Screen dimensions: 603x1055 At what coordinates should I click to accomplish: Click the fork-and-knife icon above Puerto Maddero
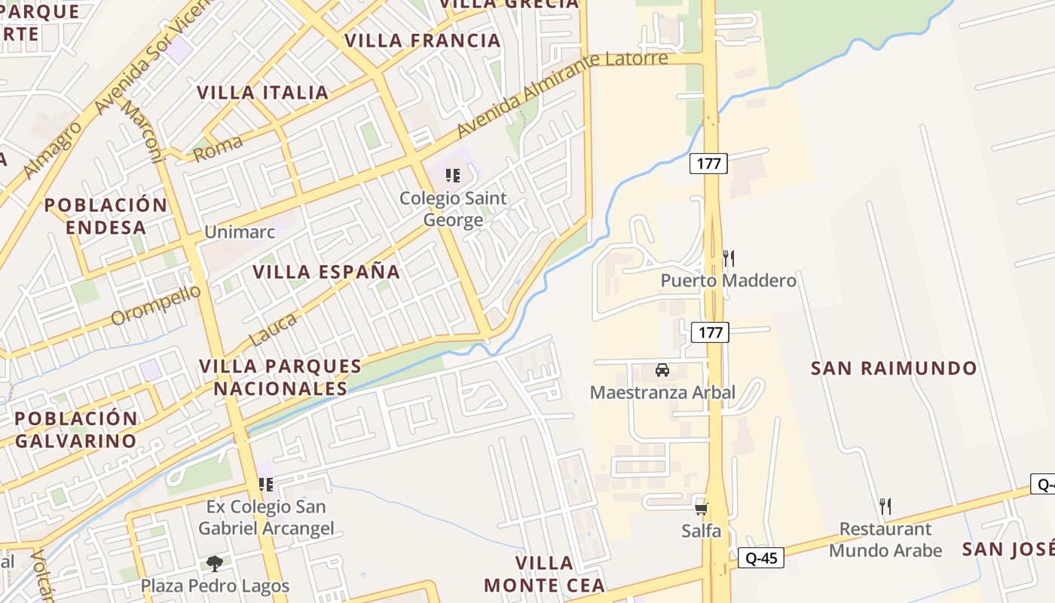[728, 259]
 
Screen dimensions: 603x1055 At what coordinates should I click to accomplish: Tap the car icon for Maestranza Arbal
[662, 370]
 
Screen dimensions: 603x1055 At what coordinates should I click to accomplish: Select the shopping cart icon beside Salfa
[701, 509]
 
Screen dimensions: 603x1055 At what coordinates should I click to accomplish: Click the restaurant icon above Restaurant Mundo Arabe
[885, 506]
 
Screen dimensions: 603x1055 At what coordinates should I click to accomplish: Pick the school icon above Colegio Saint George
[453, 176]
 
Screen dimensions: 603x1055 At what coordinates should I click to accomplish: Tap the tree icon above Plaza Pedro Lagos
[215, 563]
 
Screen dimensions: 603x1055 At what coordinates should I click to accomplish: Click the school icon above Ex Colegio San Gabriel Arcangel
[265, 484]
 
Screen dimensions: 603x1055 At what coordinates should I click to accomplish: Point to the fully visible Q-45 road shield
[761, 558]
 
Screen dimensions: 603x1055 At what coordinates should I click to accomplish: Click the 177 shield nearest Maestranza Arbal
[710, 332]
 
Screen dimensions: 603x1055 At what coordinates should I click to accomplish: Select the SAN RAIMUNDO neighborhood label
[894, 369]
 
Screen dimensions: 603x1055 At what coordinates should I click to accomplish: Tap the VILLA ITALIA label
[263, 93]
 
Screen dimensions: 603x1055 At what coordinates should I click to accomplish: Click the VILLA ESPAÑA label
[326, 272]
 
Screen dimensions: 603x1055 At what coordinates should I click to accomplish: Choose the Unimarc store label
[240, 232]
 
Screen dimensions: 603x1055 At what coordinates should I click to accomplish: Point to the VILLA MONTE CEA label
[544, 574]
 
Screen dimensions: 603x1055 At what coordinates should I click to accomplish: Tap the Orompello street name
[156, 305]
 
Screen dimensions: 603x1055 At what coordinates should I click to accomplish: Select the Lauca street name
[273, 330]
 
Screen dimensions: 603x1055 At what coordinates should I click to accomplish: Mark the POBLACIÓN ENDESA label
[105, 216]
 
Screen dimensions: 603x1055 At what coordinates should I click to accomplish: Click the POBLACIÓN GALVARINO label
[76, 430]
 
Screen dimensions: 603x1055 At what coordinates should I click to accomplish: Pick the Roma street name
[219, 148]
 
